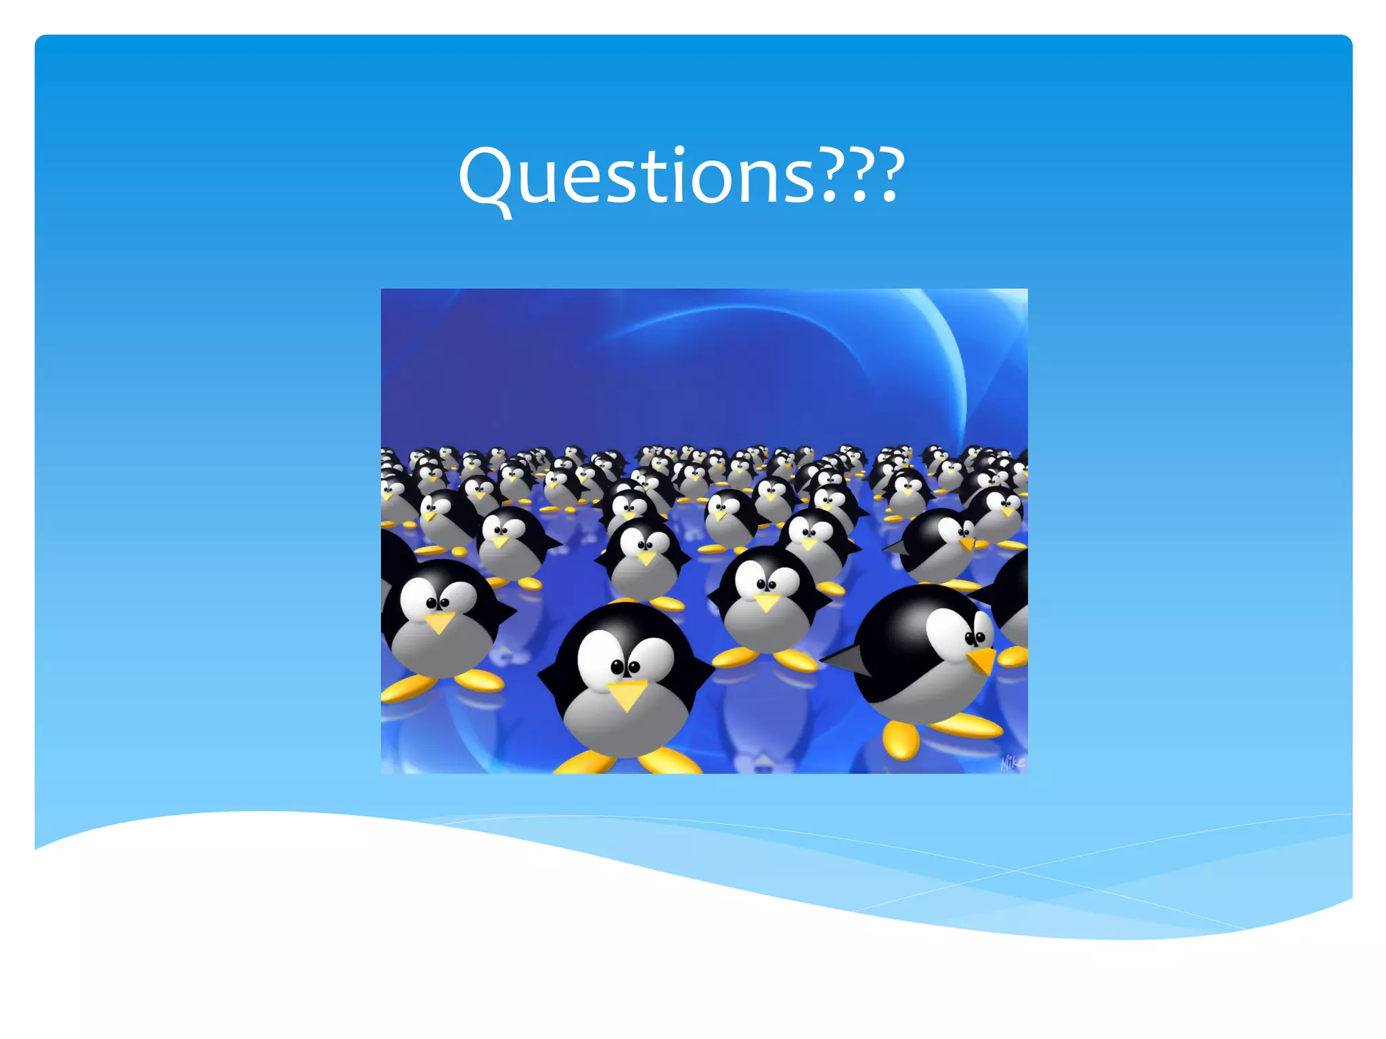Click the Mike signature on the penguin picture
[1012, 762]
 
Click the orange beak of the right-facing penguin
[983, 660]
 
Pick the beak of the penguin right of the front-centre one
[767, 601]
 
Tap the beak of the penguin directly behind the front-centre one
[646, 557]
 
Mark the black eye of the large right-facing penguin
[975, 637]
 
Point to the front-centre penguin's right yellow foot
[670, 761]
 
